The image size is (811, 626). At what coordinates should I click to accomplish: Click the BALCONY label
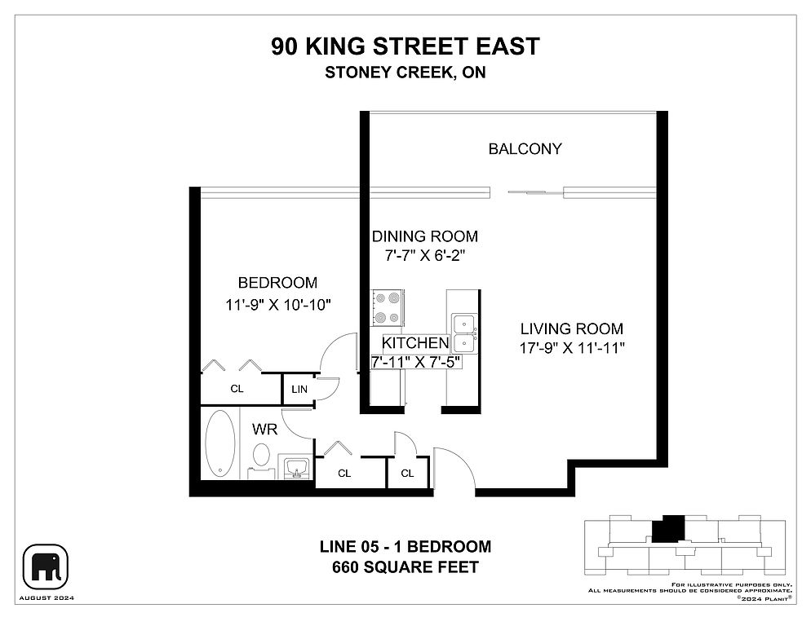pos(525,149)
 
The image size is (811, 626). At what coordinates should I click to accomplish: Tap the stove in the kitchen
pos(388,308)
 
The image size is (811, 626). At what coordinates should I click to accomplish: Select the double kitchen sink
pos(464,333)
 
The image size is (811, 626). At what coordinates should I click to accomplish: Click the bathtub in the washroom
pos(220,443)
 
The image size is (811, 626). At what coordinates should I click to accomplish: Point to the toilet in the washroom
pos(261,460)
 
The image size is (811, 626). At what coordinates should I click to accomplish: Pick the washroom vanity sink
pos(296,467)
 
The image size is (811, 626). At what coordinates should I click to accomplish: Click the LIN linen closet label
pos(299,390)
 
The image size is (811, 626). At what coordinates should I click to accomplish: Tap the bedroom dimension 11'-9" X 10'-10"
pos(277,305)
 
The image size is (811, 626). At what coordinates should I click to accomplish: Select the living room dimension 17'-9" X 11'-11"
pos(572,348)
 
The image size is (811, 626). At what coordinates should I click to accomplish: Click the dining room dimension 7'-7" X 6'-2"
pos(424,255)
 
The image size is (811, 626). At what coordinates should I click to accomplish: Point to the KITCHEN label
pos(415,342)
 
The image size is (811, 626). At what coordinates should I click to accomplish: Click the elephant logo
pos(46,567)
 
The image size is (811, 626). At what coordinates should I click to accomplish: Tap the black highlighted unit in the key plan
pos(668,528)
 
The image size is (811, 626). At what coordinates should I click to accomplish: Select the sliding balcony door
pos(534,192)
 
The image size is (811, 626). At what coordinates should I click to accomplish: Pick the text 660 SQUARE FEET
pos(405,567)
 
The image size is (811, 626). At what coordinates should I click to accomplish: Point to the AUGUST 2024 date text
pos(47,598)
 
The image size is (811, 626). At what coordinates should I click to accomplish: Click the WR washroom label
pos(264,429)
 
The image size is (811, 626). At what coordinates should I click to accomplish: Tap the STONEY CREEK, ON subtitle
pos(405,73)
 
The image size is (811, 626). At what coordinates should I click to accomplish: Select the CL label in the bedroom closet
pos(237,389)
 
